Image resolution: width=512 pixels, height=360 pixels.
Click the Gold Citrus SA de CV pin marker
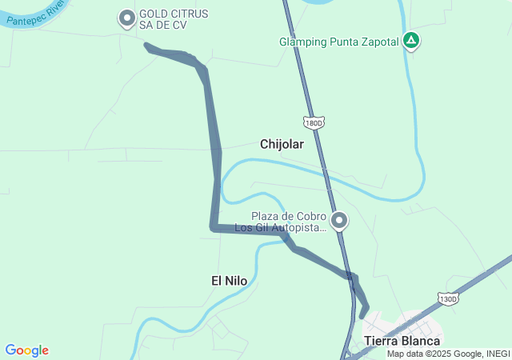click(x=126, y=18)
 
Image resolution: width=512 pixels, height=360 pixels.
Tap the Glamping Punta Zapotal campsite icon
click(x=410, y=40)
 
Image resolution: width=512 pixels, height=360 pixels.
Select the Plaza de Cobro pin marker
click(x=340, y=220)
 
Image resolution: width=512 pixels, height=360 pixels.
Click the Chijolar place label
click(x=282, y=144)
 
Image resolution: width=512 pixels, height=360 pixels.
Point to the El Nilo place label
click(x=229, y=280)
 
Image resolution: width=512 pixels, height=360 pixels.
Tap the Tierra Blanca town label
click(x=402, y=341)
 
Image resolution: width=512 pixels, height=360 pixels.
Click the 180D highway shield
click(x=314, y=122)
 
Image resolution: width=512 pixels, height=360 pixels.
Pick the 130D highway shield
click(x=448, y=298)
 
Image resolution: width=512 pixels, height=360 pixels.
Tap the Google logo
click(x=27, y=350)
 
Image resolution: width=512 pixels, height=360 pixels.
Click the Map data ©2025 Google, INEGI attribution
click(x=448, y=354)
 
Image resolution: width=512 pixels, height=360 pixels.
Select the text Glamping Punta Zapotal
click(x=338, y=42)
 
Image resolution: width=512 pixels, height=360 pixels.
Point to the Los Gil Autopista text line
click(x=281, y=228)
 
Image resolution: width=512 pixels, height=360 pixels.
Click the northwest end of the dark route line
click(x=147, y=46)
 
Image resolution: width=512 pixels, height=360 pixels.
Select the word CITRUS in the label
click(x=185, y=14)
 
